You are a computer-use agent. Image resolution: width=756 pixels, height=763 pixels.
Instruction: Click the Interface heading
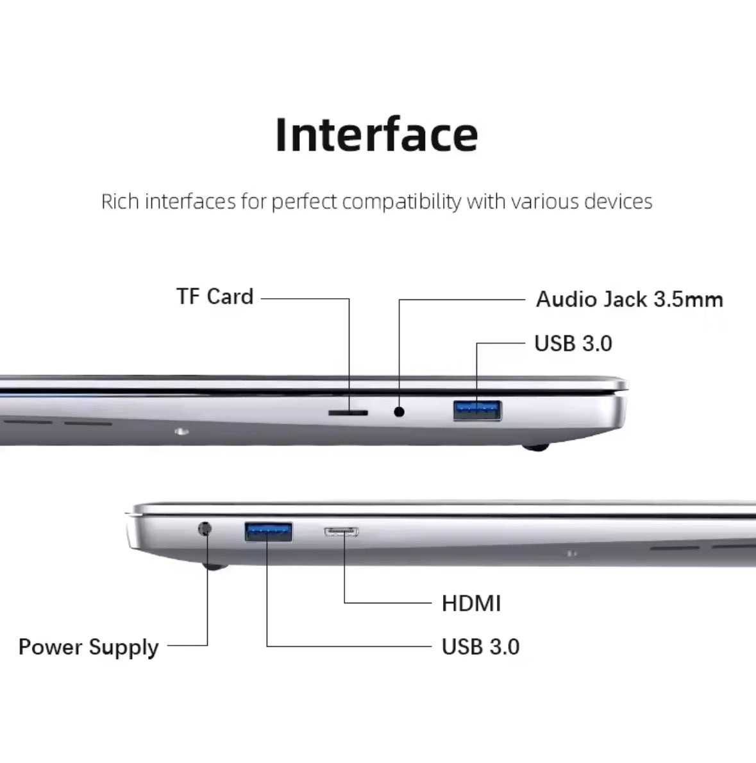[376, 134]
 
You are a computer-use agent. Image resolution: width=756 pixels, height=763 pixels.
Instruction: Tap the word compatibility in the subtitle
[401, 202]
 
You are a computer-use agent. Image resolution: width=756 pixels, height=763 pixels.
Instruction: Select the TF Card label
[215, 296]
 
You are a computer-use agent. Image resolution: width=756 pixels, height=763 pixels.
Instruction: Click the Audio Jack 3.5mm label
[630, 299]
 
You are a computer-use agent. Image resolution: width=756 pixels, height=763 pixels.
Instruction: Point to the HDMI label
[471, 603]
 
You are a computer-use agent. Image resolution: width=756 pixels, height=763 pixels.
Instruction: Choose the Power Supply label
[88, 648]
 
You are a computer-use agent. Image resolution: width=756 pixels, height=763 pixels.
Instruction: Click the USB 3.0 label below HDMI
[481, 647]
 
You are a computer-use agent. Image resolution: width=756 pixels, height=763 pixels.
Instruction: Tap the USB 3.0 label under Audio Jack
[573, 343]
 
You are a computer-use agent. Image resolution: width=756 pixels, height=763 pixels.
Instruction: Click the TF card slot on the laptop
[348, 413]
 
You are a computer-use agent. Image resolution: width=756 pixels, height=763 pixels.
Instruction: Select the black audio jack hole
[399, 412]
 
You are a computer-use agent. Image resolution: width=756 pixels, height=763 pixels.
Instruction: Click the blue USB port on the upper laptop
[477, 410]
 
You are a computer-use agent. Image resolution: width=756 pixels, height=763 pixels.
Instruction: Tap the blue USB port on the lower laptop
[269, 532]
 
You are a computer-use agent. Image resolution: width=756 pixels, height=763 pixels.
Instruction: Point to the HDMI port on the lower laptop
[342, 532]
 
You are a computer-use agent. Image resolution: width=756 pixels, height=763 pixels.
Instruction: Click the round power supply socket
[205, 528]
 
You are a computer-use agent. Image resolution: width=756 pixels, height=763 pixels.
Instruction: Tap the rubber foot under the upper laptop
[535, 447]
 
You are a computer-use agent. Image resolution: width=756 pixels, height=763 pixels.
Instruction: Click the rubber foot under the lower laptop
[215, 566]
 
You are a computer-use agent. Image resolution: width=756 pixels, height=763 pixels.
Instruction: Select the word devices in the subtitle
[618, 201]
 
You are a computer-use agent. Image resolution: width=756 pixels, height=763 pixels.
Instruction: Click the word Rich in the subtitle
[120, 201]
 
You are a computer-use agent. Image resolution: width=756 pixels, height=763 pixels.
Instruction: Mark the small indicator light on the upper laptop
[181, 431]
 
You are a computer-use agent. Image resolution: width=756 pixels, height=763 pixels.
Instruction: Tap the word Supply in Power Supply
[124, 648]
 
